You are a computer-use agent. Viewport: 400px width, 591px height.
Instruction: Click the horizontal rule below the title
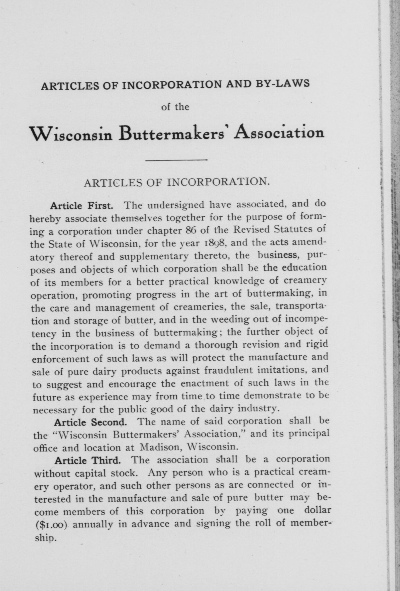[176, 160]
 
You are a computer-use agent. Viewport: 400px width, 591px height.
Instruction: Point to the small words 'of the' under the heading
[175, 107]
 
